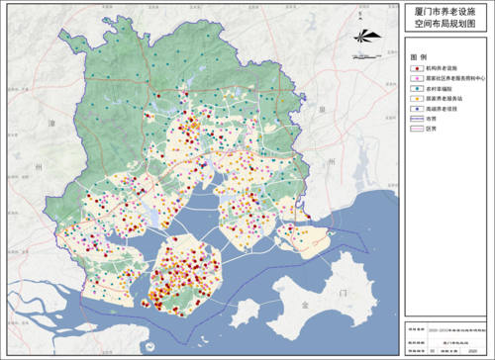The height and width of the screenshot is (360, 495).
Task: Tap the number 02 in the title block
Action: [x=433, y=349]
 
